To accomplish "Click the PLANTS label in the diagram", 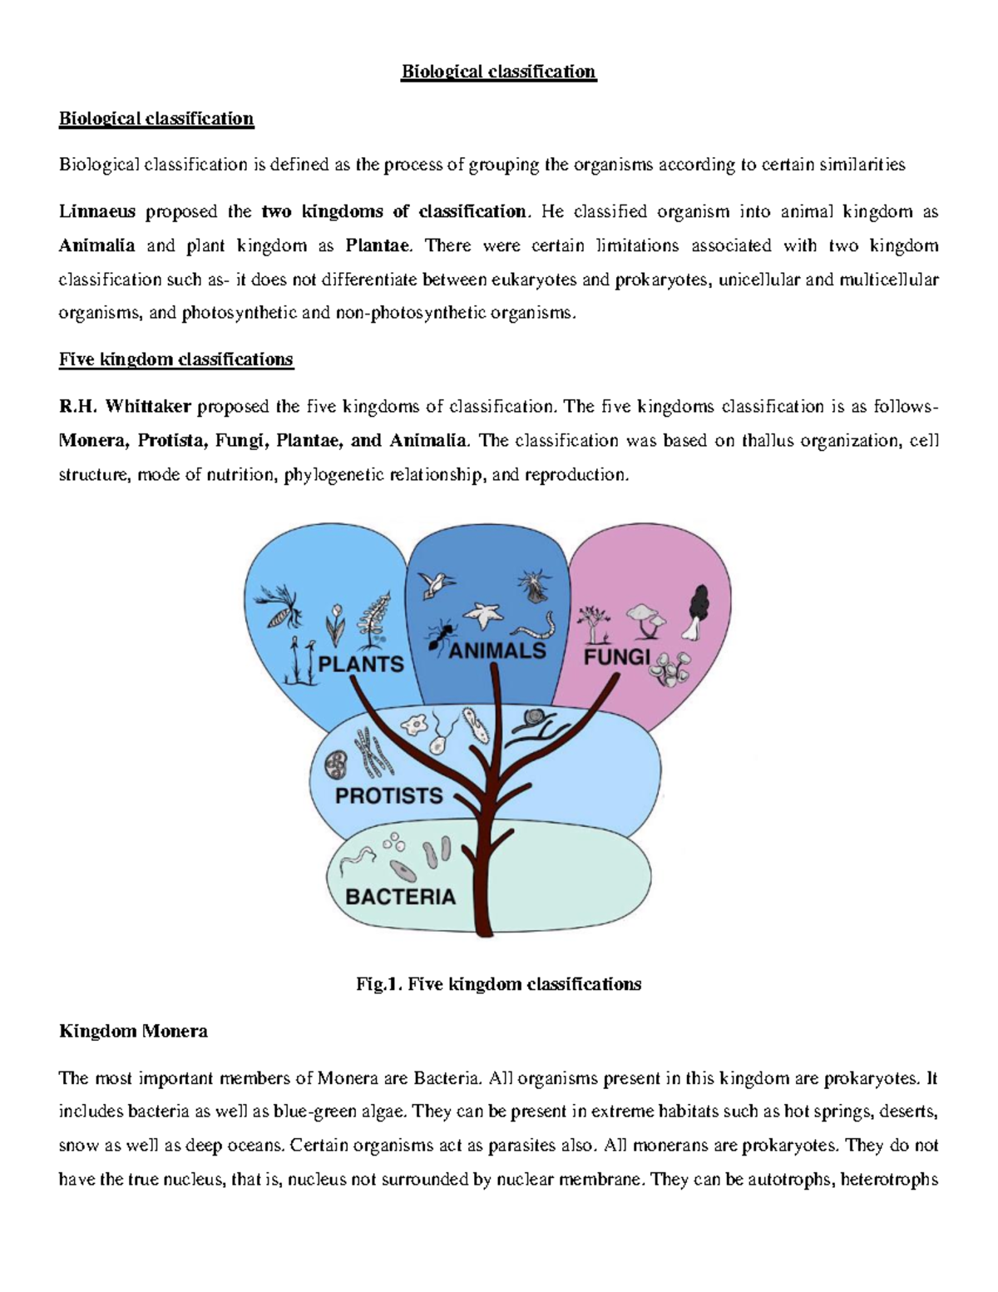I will point(362,664).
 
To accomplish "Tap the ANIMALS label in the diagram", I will point(497,651).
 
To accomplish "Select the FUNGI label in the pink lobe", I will point(616,657).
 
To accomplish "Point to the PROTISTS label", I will point(388,796).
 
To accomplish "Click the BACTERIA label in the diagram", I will point(401,897).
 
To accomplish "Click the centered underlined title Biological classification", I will point(499,72).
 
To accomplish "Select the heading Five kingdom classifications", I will point(175,359).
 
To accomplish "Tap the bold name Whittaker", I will point(148,406).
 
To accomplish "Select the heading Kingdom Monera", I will point(133,1032).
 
